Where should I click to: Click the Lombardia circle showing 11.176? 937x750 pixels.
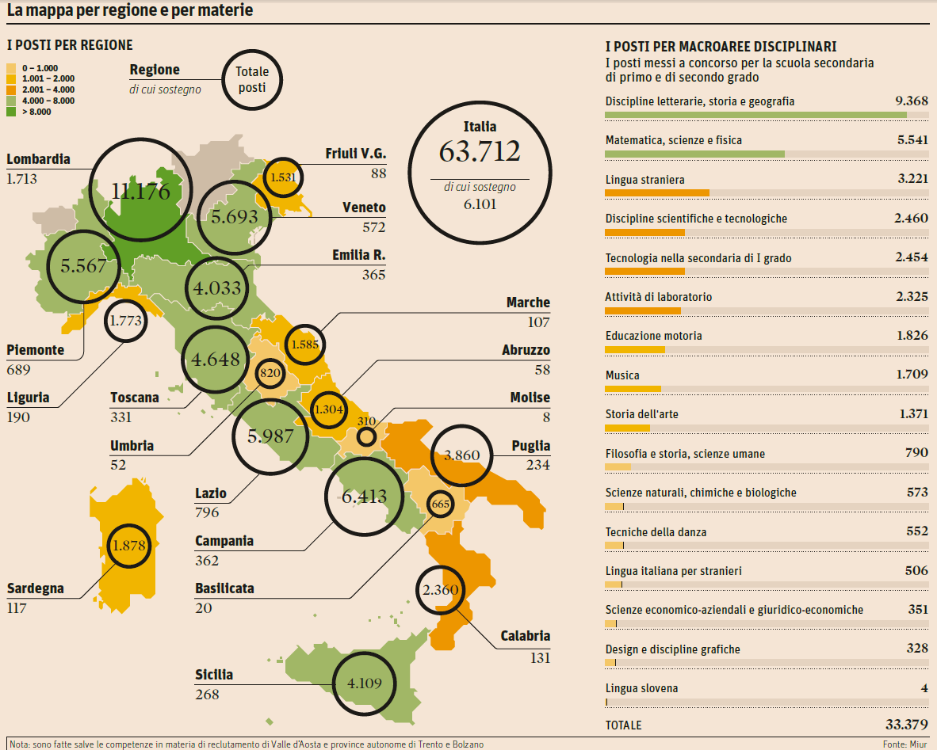click(141, 190)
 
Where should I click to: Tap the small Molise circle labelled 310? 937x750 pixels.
click(366, 436)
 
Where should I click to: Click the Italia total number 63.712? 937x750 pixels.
click(480, 151)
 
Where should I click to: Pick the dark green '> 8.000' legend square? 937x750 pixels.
click(11, 112)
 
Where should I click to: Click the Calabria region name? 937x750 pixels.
click(525, 636)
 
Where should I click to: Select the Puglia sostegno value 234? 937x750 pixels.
click(537, 465)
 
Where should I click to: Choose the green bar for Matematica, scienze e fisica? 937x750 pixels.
click(694, 154)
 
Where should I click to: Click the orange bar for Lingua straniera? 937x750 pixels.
click(656, 192)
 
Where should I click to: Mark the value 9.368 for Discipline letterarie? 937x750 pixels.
click(911, 101)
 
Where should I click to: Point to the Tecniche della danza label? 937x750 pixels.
click(656, 531)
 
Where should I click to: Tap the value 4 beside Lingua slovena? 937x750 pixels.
click(924, 688)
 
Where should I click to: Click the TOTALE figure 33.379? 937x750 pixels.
click(906, 725)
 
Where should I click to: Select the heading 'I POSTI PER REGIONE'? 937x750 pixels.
click(70, 45)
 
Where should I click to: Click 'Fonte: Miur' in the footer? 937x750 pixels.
click(904, 744)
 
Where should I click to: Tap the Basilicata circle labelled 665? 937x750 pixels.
click(439, 504)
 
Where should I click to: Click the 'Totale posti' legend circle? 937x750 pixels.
click(252, 80)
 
